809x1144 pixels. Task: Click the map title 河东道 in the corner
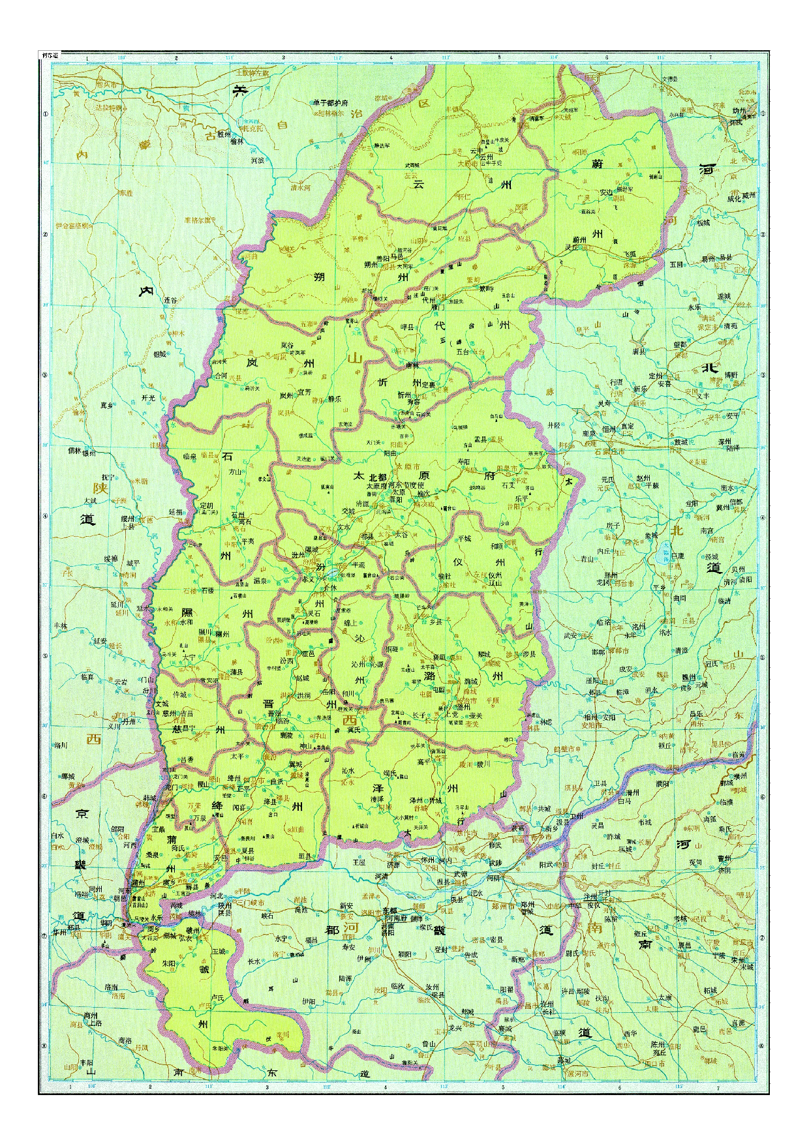pyautogui.click(x=49, y=56)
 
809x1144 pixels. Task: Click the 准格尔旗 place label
pyautogui.click(x=198, y=220)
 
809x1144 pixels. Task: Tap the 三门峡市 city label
pyautogui.click(x=251, y=903)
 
